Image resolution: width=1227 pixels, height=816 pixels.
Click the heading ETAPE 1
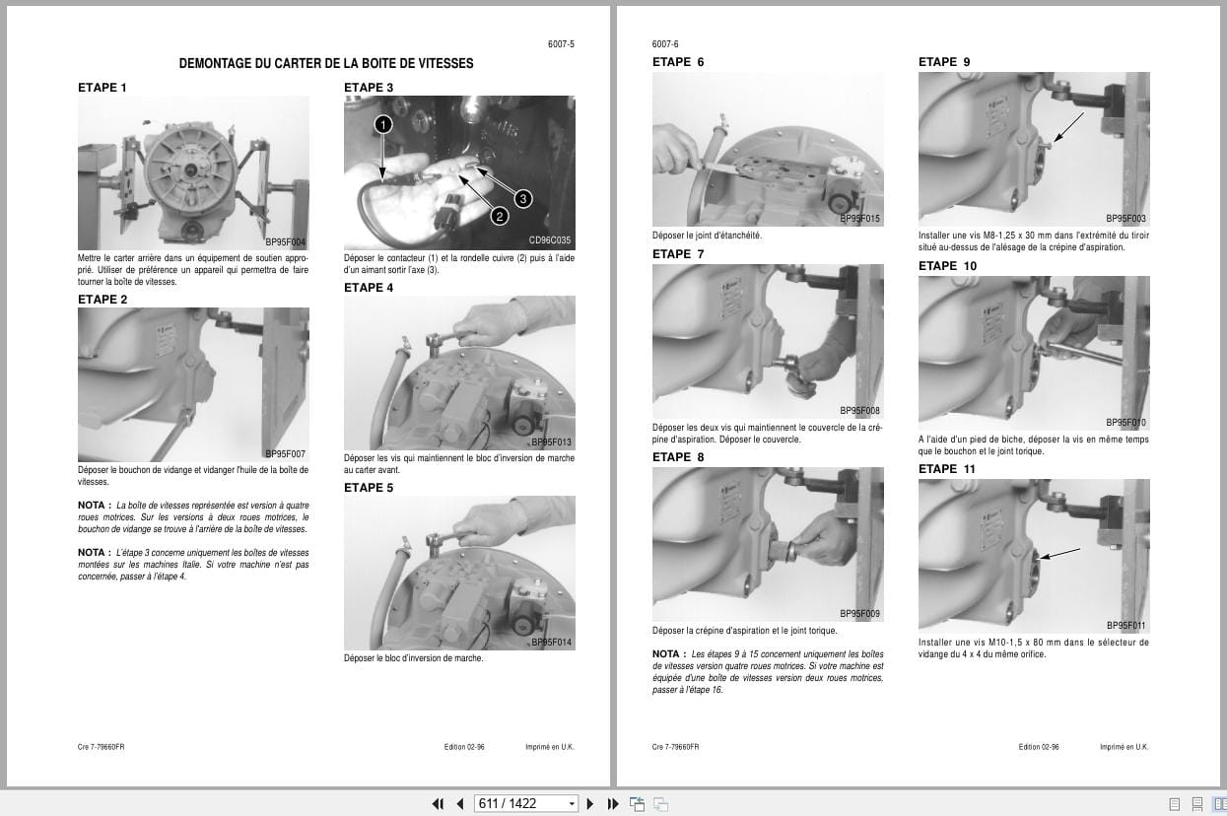coord(102,88)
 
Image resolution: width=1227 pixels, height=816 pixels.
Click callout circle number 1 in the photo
coord(383,124)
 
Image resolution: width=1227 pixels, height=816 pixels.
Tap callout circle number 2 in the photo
coord(499,217)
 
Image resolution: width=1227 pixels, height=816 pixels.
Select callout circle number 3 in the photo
coord(522,198)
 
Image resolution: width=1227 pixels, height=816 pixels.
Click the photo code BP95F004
coord(285,241)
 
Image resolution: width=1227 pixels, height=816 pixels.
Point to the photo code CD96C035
coord(549,240)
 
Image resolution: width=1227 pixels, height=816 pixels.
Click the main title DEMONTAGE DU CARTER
coord(325,63)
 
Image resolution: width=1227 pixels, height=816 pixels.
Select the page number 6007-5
coord(561,44)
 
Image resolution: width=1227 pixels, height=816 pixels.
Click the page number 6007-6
coord(665,44)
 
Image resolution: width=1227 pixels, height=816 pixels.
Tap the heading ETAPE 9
coord(944,62)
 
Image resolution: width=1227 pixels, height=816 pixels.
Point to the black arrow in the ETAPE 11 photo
coord(1060,554)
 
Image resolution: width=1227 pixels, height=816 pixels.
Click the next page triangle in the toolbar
coord(590,803)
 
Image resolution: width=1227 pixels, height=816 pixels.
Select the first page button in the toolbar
coord(439,803)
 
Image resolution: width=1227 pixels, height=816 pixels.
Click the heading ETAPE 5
coord(369,488)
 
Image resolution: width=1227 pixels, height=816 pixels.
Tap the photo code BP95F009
coord(859,614)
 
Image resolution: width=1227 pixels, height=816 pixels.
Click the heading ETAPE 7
coord(678,254)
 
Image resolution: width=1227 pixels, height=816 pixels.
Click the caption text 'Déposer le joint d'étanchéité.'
coord(707,236)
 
